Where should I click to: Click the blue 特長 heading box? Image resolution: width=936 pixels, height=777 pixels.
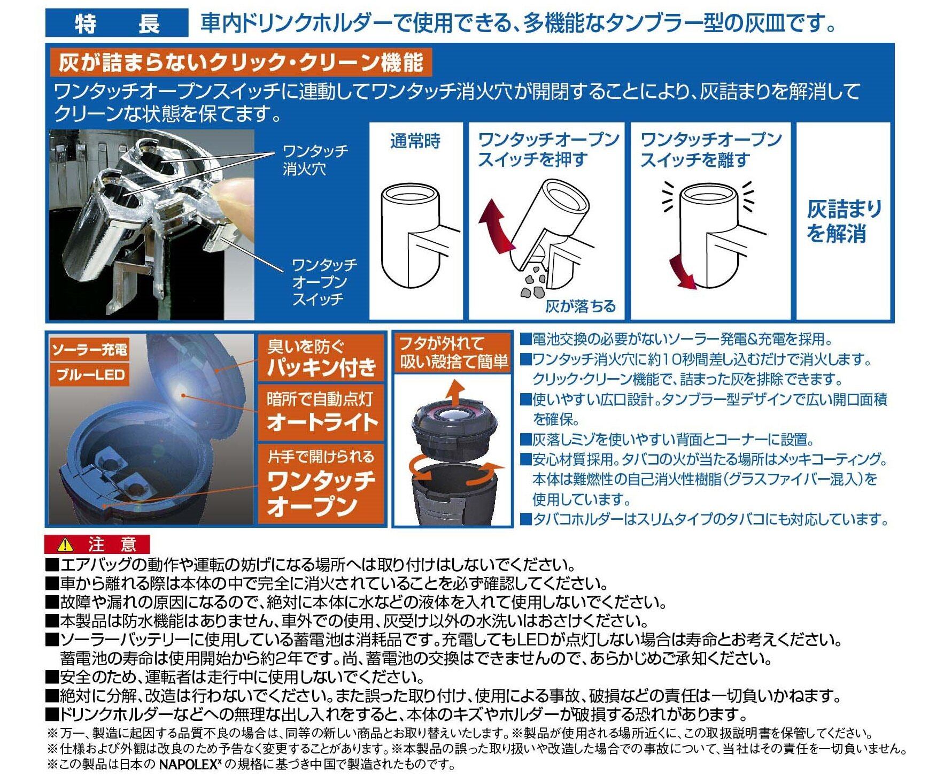click(117, 23)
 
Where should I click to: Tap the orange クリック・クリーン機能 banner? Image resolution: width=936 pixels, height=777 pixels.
click(241, 63)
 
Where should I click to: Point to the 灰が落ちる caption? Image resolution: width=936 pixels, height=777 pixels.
click(580, 306)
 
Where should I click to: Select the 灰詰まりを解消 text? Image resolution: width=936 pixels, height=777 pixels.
click(844, 221)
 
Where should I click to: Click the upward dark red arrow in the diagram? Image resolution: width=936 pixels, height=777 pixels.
click(494, 222)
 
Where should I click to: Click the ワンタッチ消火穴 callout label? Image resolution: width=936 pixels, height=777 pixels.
click(315, 159)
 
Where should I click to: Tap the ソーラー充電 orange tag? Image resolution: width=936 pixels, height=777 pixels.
click(90, 350)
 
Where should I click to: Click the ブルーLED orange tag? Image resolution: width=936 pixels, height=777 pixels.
click(90, 374)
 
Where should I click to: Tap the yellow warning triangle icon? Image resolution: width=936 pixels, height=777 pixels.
click(66, 544)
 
